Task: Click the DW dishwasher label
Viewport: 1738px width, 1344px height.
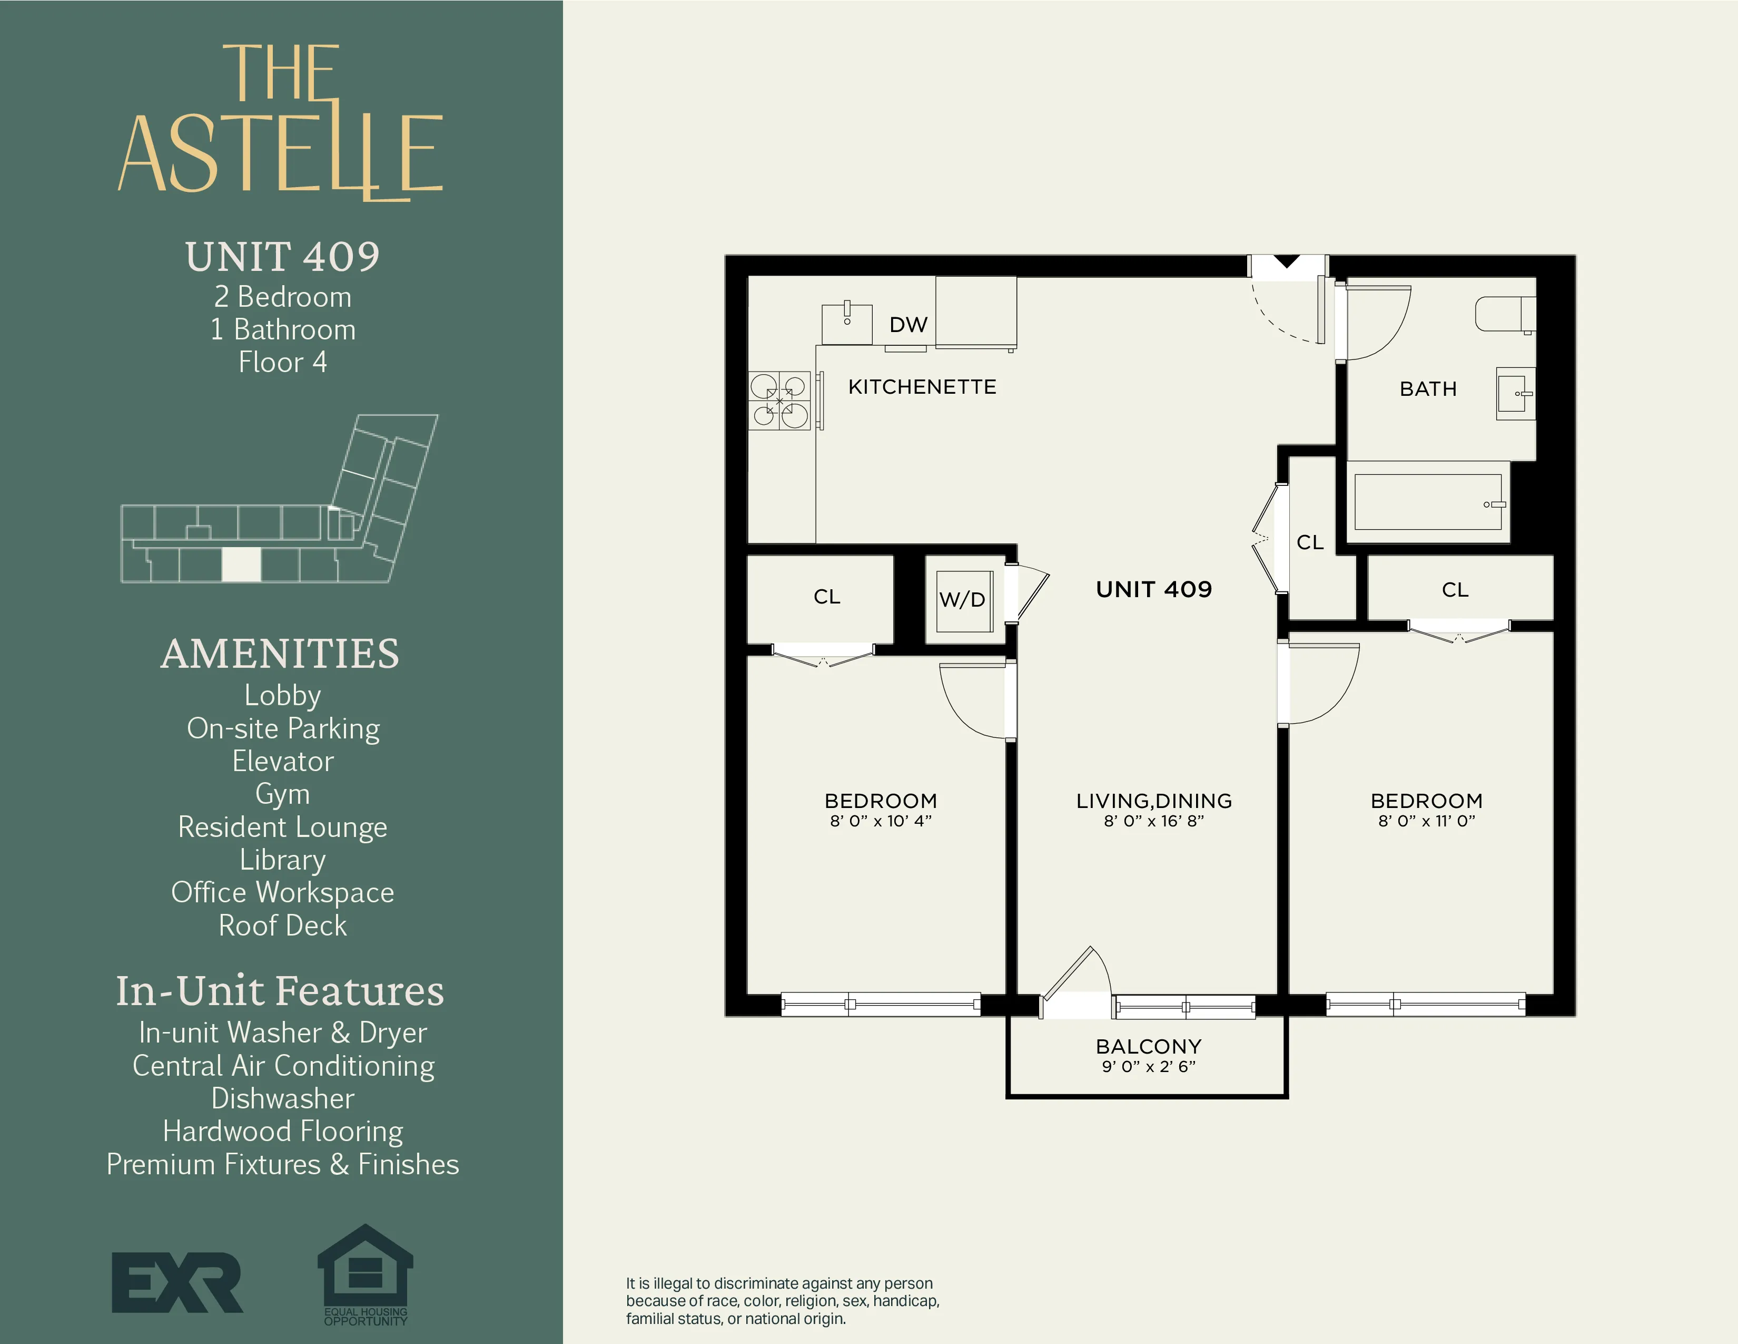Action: coord(908,325)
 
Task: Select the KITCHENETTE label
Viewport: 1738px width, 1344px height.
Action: coord(922,387)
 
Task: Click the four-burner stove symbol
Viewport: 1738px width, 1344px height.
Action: coord(779,401)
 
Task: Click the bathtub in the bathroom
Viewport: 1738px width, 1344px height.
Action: coord(1428,502)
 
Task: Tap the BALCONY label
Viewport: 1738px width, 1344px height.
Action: coord(1148,1046)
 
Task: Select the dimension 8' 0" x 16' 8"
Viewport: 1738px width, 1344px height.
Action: coord(1153,821)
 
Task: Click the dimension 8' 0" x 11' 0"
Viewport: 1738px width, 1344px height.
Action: coord(1426,821)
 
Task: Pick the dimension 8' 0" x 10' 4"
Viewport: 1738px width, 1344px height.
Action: coord(880,821)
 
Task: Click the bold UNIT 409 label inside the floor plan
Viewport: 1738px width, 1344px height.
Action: coord(1153,589)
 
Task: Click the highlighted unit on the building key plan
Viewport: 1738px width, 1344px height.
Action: coord(241,564)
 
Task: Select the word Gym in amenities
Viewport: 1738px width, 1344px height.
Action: coord(282,794)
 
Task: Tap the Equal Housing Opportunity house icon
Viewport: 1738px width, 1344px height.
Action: coord(366,1268)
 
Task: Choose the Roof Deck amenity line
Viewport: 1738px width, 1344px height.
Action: coord(282,925)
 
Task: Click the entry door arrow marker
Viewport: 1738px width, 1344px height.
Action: coord(1287,261)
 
